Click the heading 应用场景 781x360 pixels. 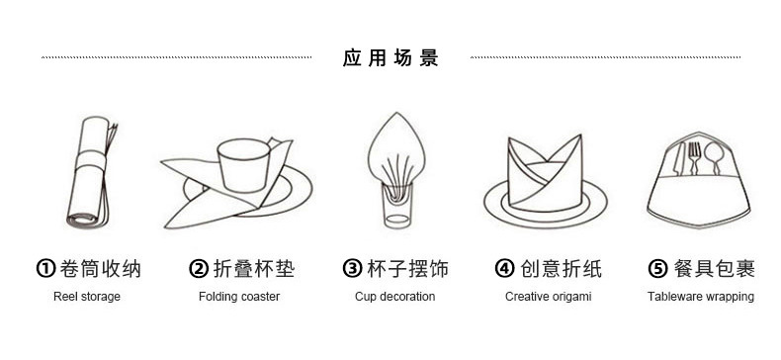(390, 58)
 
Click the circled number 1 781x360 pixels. (44, 269)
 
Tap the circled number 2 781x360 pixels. (198, 269)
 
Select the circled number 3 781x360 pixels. (351, 269)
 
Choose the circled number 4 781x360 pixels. (504, 269)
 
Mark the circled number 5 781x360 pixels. (656, 269)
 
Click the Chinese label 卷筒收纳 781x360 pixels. (100, 269)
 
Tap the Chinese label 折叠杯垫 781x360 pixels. (253, 269)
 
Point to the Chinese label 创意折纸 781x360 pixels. (561, 269)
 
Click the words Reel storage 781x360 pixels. (87, 297)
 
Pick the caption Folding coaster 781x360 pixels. (239, 297)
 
